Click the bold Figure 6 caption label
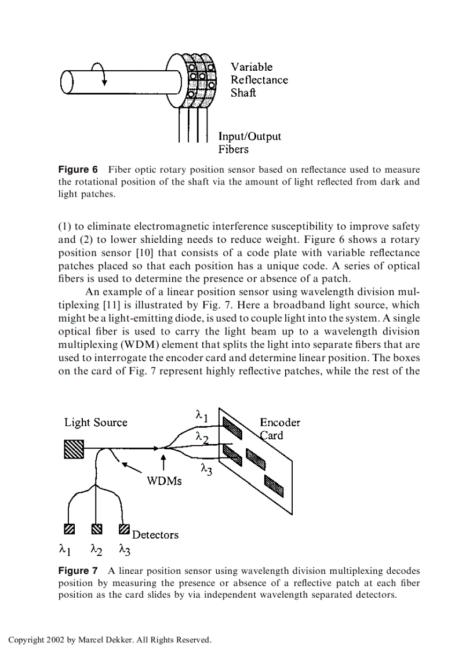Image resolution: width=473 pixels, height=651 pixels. pos(78,170)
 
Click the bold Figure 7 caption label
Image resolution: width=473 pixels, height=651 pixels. pos(78,571)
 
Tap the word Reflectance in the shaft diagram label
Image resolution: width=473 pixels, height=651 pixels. pos(259,80)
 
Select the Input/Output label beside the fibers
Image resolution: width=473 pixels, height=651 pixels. pos(249,136)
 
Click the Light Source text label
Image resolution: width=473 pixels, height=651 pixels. pos(96,423)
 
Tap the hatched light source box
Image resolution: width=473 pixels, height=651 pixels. pos(74,448)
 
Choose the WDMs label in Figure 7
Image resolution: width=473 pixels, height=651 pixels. pos(164,481)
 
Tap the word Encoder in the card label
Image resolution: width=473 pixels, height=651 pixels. pos(280,423)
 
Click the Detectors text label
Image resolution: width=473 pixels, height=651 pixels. pos(155,534)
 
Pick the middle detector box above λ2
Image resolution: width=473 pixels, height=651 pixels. pos(96,529)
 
